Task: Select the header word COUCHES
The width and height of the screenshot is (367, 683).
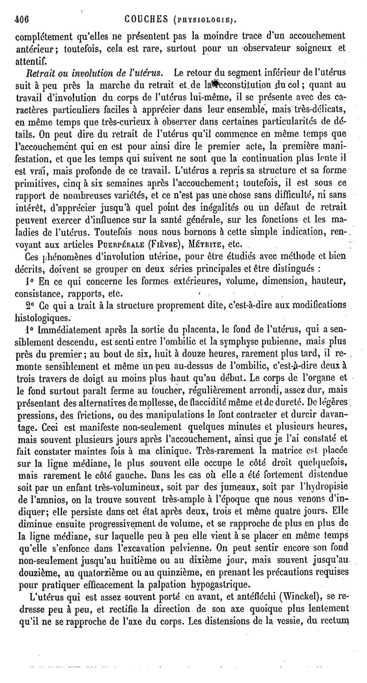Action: click(x=150, y=20)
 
